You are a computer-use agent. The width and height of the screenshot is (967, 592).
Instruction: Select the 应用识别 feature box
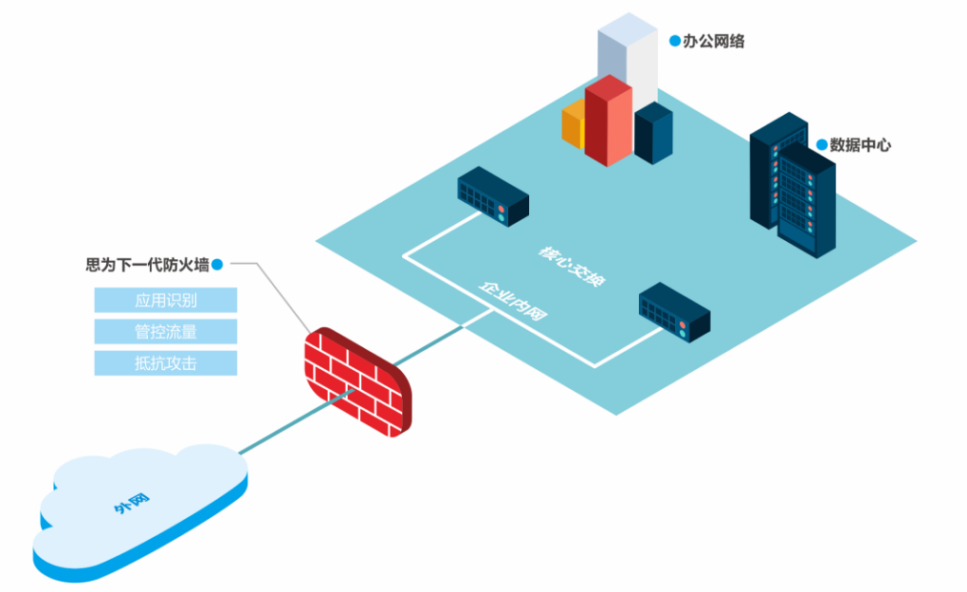[x=165, y=301]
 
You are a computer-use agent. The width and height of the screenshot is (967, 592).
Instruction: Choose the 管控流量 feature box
[x=165, y=332]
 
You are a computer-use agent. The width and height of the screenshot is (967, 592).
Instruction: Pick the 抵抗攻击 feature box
[x=165, y=363]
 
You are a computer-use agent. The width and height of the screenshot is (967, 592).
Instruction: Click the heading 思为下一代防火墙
[x=147, y=266]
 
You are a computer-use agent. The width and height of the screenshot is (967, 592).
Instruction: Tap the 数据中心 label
[x=860, y=145]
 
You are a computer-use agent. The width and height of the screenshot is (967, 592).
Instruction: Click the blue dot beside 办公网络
[x=675, y=41]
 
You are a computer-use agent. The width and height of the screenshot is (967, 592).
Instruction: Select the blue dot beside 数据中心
[x=821, y=145]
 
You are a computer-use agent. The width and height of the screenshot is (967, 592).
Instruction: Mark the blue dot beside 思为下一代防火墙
[x=217, y=266]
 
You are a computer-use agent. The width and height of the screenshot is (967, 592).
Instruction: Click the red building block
[x=608, y=121]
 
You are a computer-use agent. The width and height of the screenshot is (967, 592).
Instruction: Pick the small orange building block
[x=574, y=126]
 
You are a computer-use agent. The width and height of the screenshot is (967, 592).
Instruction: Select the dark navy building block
[x=653, y=132]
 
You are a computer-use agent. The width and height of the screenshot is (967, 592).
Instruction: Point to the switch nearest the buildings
[x=493, y=196]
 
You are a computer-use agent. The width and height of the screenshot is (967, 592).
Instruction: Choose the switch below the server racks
[x=675, y=312]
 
